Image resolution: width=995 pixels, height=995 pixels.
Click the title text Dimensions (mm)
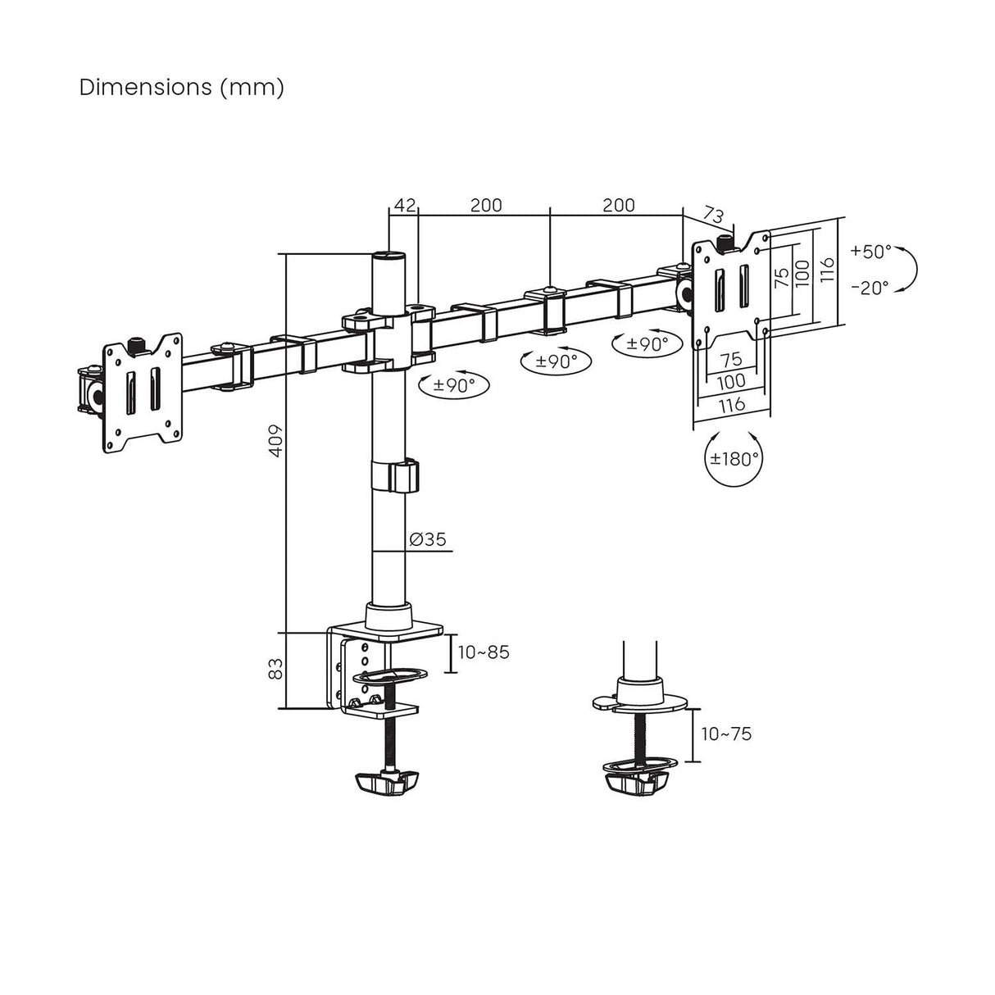pyautogui.click(x=181, y=88)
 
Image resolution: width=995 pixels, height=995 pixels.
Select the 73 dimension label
pyautogui.click(x=714, y=216)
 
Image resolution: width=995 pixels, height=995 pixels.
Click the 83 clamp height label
pyautogui.click(x=276, y=669)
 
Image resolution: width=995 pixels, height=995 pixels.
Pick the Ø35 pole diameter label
pyautogui.click(x=427, y=539)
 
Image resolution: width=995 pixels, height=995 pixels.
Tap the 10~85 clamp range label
pyautogui.click(x=484, y=652)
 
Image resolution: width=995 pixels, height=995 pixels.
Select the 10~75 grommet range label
pyautogui.click(x=726, y=734)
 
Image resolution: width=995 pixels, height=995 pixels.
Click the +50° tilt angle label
pyautogui.click(x=870, y=252)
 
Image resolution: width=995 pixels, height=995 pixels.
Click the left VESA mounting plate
pyautogui.click(x=142, y=392)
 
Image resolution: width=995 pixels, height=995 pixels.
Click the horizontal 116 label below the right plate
pyautogui.click(x=731, y=404)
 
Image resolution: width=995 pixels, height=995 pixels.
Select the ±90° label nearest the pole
pyautogui.click(x=452, y=384)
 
